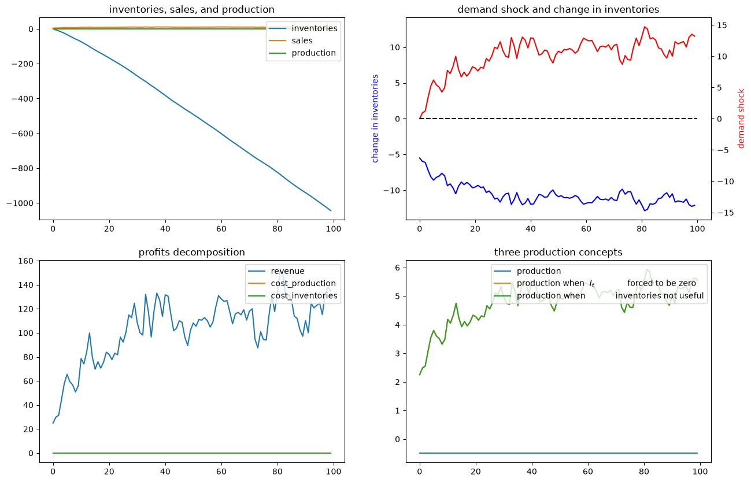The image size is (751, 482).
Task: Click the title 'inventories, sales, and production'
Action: [x=192, y=9]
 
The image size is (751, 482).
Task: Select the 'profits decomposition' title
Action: [x=192, y=252]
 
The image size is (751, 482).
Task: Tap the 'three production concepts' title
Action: [x=558, y=252]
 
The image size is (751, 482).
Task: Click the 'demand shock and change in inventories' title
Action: [x=558, y=9]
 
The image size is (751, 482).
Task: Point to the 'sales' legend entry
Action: [x=302, y=40]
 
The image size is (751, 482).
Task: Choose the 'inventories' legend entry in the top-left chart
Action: [x=315, y=28]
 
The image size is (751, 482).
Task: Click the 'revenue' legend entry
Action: [x=288, y=271]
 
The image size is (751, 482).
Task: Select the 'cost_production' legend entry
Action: [x=303, y=283]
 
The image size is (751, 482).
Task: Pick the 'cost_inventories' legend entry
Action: [x=304, y=296]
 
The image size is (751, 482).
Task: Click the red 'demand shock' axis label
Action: [x=741, y=118]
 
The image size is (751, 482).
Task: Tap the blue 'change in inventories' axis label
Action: [x=375, y=118]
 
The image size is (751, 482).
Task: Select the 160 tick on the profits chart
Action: [x=26, y=261]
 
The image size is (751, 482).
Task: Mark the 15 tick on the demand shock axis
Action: [x=722, y=25]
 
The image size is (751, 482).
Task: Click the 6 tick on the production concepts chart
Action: [x=398, y=268]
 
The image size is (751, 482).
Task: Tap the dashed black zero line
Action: [x=558, y=118]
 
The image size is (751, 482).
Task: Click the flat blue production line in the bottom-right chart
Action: [x=558, y=453]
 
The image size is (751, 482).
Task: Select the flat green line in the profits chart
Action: [x=192, y=453]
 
